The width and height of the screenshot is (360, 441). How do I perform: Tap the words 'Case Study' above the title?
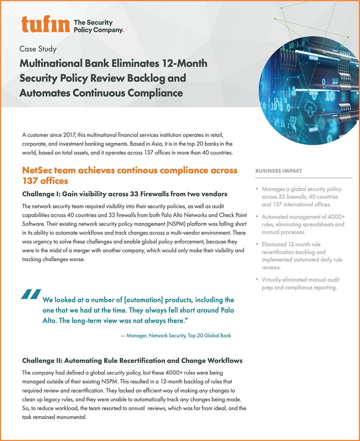point(38,49)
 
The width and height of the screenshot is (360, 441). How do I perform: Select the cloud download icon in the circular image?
point(309,109)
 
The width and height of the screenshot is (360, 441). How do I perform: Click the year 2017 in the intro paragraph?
point(69,135)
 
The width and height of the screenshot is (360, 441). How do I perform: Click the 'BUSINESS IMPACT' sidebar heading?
point(278,171)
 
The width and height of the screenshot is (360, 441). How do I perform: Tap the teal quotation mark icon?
point(31,295)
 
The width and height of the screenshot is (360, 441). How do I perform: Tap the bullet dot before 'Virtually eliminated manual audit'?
point(257,279)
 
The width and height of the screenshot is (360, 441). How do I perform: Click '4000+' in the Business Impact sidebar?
point(336,217)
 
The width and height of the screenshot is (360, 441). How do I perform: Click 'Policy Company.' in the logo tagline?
point(98,30)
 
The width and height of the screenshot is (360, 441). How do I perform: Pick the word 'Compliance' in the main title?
point(155,93)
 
